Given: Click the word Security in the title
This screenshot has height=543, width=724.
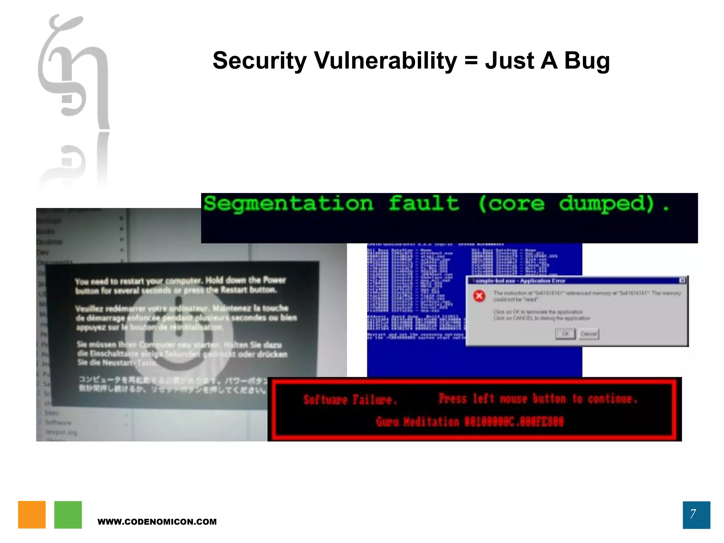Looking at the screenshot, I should click(259, 61).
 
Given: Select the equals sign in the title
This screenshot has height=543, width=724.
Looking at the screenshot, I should click(471, 61).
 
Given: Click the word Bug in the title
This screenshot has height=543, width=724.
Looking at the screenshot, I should click(587, 61).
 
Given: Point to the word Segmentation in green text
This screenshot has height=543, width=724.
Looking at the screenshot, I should click(288, 204).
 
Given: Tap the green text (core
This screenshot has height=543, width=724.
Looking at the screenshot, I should click(511, 204).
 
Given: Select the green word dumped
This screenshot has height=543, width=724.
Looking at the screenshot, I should click(606, 204).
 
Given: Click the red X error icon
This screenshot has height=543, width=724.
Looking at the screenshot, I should click(479, 296).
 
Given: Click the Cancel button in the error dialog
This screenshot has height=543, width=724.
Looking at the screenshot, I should click(589, 334).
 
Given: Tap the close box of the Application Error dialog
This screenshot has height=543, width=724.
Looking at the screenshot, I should click(682, 280).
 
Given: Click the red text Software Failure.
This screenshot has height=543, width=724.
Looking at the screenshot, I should click(350, 400).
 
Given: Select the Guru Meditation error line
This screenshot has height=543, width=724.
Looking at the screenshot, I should click(469, 422).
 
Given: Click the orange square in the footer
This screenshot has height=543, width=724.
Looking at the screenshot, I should click(32, 515).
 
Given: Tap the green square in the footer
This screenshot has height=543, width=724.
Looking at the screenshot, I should click(68, 515).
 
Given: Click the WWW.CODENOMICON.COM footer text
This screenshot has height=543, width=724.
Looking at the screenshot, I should click(157, 522).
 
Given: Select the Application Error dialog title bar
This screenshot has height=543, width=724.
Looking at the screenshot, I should click(573, 281).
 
